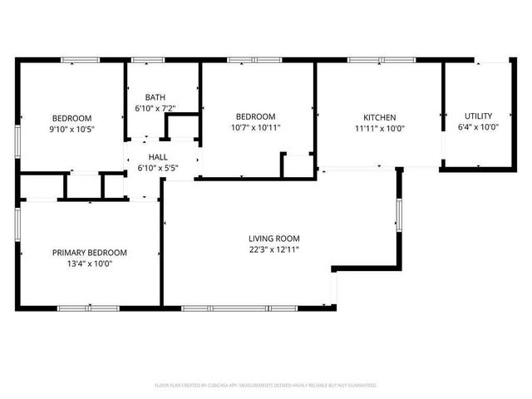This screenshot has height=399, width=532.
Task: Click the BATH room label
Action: (155, 96)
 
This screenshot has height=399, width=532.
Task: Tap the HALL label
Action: (158, 156)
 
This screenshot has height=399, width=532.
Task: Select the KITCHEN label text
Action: (379, 117)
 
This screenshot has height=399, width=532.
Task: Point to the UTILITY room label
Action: (478, 116)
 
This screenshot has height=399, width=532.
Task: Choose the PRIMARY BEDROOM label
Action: (90, 253)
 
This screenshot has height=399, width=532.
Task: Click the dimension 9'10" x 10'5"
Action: (72, 129)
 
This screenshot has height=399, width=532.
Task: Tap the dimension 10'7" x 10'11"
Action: (257, 128)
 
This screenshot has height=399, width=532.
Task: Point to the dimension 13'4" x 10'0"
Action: (90, 264)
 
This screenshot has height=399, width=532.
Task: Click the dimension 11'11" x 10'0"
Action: (379, 128)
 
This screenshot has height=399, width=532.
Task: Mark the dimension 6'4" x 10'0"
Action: (478, 127)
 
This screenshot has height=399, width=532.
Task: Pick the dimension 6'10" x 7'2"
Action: (155, 108)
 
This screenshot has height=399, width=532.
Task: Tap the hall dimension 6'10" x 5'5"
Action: (158, 168)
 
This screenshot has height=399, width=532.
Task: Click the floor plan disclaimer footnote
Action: (266, 385)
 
